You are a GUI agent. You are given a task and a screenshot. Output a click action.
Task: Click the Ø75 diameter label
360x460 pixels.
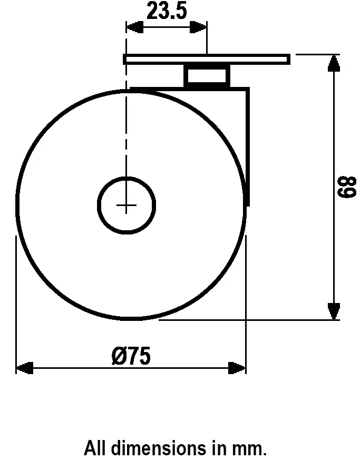131,356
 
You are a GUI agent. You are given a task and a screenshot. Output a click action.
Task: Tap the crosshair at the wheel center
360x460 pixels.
127,205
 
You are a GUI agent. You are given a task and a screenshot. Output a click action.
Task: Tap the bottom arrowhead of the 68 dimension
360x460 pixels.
333,311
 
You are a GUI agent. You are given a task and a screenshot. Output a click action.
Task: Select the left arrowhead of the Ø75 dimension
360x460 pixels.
24,367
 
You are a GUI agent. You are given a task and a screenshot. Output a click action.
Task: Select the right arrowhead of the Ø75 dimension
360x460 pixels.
238,367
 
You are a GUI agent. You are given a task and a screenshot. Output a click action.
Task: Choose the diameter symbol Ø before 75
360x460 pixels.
119,356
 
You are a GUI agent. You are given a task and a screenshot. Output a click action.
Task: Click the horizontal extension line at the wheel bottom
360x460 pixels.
242,319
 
